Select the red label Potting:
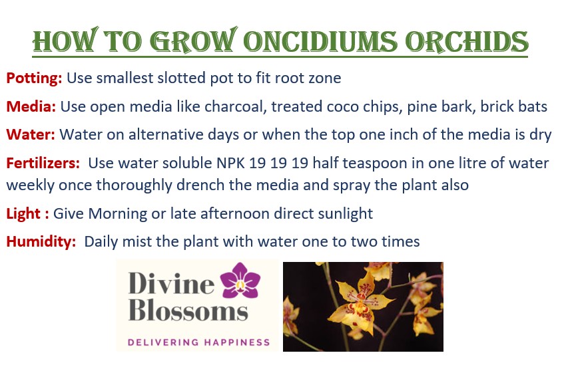(x=34, y=78)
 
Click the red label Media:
(x=31, y=106)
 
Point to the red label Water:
(x=31, y=134)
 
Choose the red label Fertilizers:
(x=43, y=164)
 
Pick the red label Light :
(x=27, y=213)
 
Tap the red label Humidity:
(x=41, y=241)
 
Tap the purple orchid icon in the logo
(x=240, y=280)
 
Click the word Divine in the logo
(x=171, y=283)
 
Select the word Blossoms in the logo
(x=188, y=310)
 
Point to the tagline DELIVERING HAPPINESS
(x=199, y=342)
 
